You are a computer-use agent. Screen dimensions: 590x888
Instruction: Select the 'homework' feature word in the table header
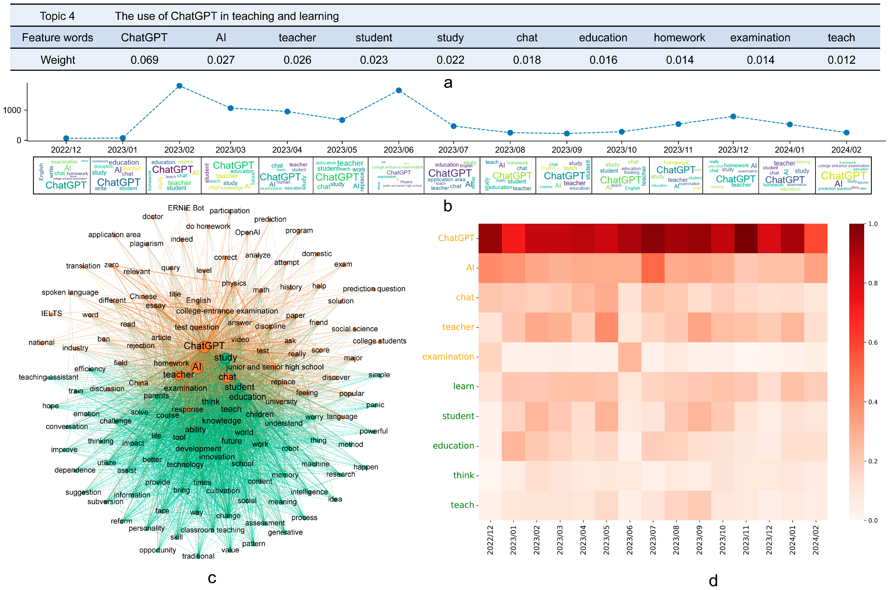click(x=679, y=38)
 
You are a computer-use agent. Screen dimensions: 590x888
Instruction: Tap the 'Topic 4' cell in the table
click(x=57, y=16)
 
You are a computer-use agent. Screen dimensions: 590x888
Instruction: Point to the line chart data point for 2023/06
click(x=398, y=90)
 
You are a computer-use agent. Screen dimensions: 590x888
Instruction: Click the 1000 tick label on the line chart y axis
click(x=12, y=110)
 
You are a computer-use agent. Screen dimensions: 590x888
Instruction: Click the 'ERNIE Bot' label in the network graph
click(x=186, y=208)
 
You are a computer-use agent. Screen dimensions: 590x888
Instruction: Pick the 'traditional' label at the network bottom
click(x=198, y=556)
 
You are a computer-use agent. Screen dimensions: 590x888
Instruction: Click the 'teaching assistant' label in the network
click(x=49, y=377)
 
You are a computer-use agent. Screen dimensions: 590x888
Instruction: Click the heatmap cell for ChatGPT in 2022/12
click(x=490, y=238)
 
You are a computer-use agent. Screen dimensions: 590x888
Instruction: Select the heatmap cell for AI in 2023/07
click(x=653, y=268)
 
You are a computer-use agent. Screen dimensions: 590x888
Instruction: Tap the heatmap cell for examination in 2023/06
click(x=629, y=357)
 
